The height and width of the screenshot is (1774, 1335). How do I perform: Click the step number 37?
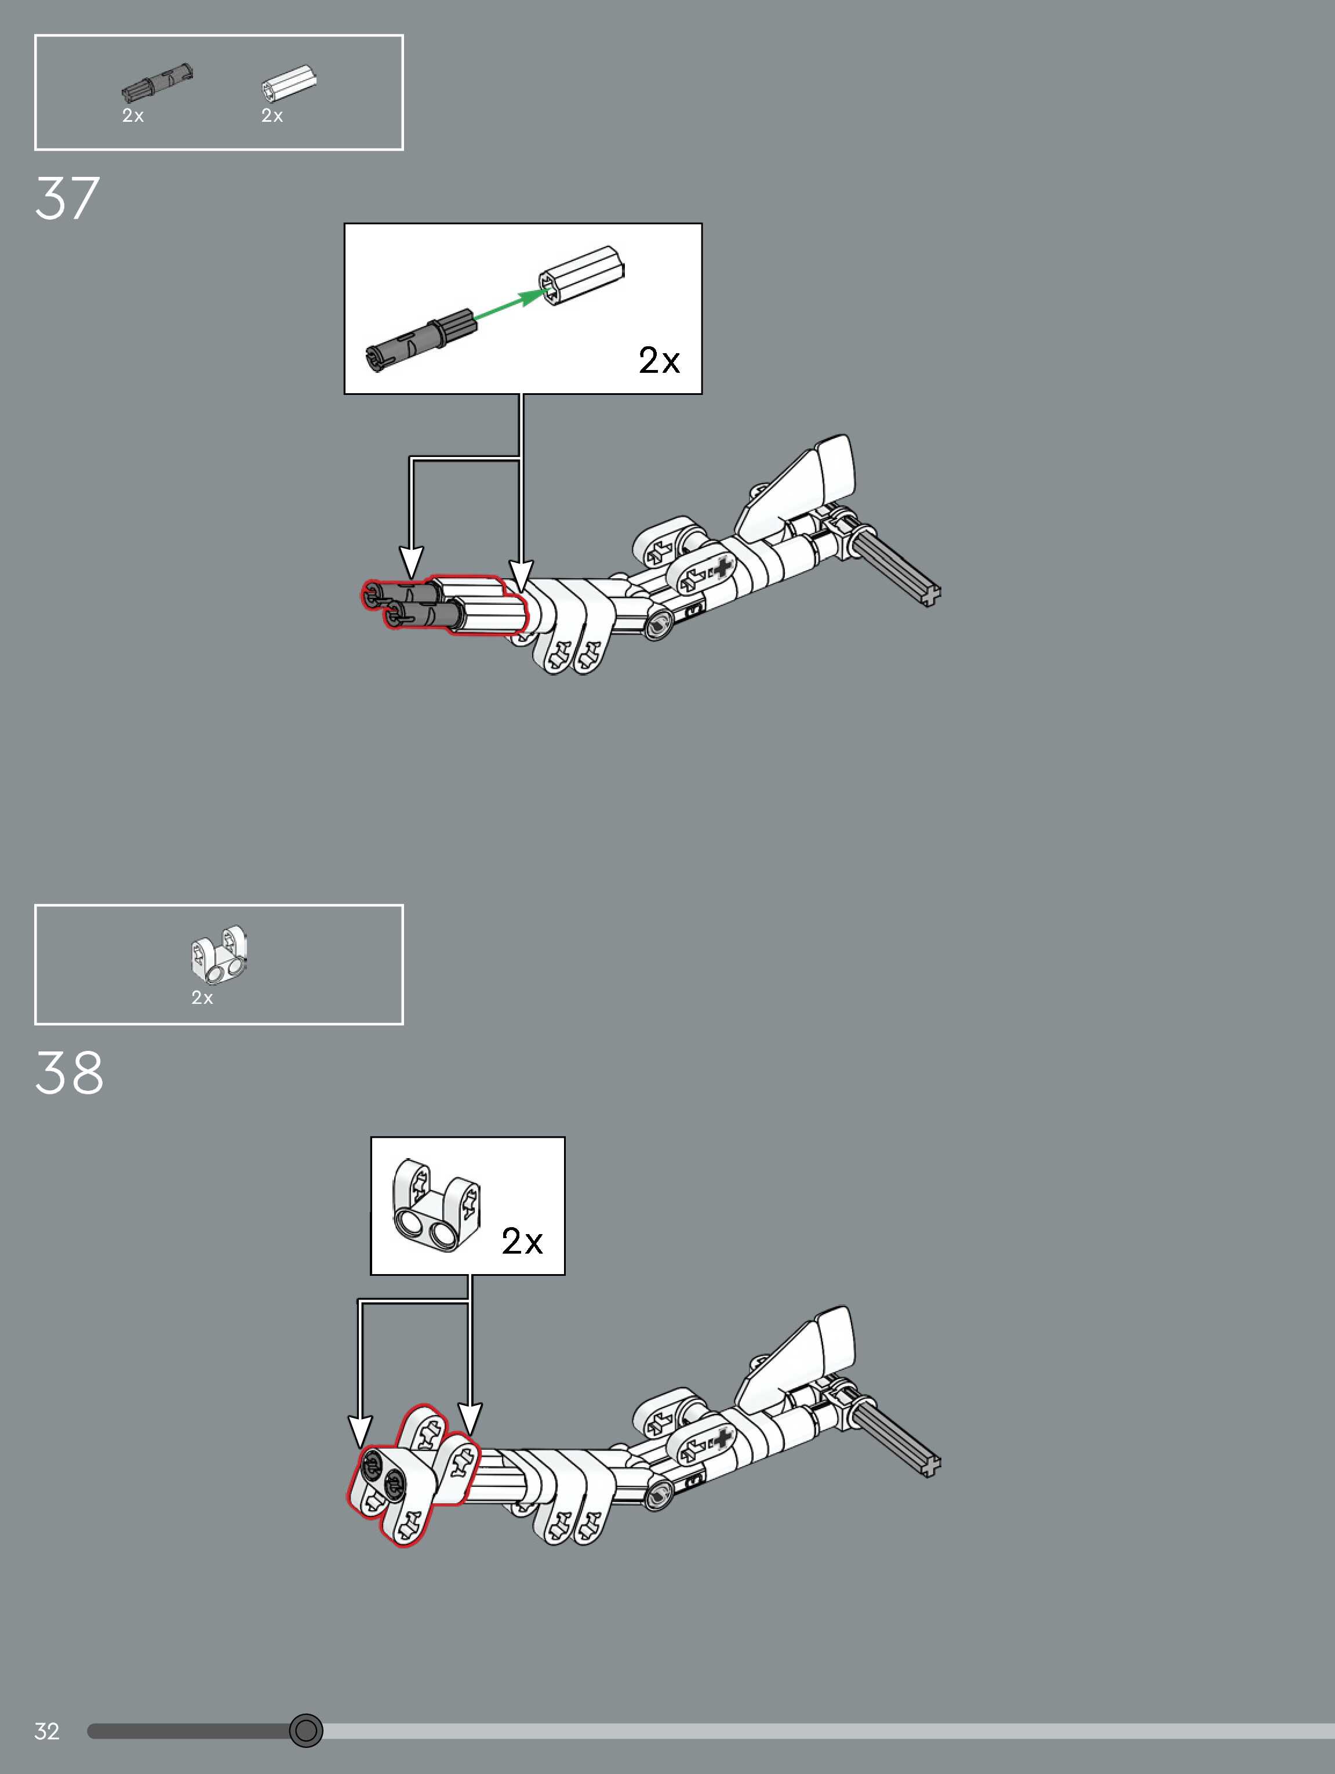[67, 198]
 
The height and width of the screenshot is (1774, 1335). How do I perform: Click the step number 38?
[69, 1073]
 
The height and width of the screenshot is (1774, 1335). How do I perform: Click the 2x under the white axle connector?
[272, 115]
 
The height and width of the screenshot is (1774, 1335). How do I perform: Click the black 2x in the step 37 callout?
[659, 360]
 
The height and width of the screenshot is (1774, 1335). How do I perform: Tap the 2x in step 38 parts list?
[202, 997]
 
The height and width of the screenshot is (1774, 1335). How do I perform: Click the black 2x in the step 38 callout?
[522, 1242]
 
